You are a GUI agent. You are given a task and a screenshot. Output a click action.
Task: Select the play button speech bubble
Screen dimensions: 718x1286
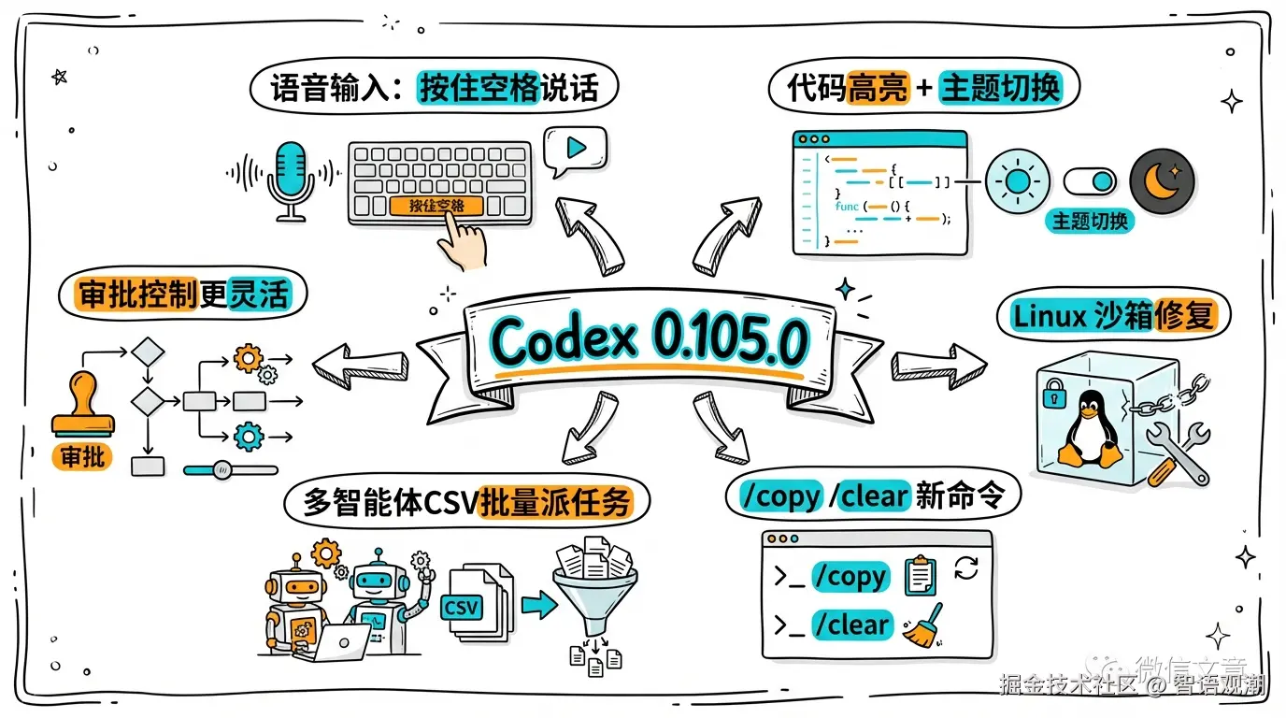(x=576, y=149)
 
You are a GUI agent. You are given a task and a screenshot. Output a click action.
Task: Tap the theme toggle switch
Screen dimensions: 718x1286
(x=1091, y=180)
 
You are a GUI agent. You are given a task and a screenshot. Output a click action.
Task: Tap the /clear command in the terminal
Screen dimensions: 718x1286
(x=851, y=625)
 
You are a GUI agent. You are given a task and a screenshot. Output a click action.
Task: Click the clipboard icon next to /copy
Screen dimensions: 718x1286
(x=921, y=575)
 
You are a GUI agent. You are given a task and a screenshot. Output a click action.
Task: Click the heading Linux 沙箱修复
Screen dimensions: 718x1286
(x=1113, y=315)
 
